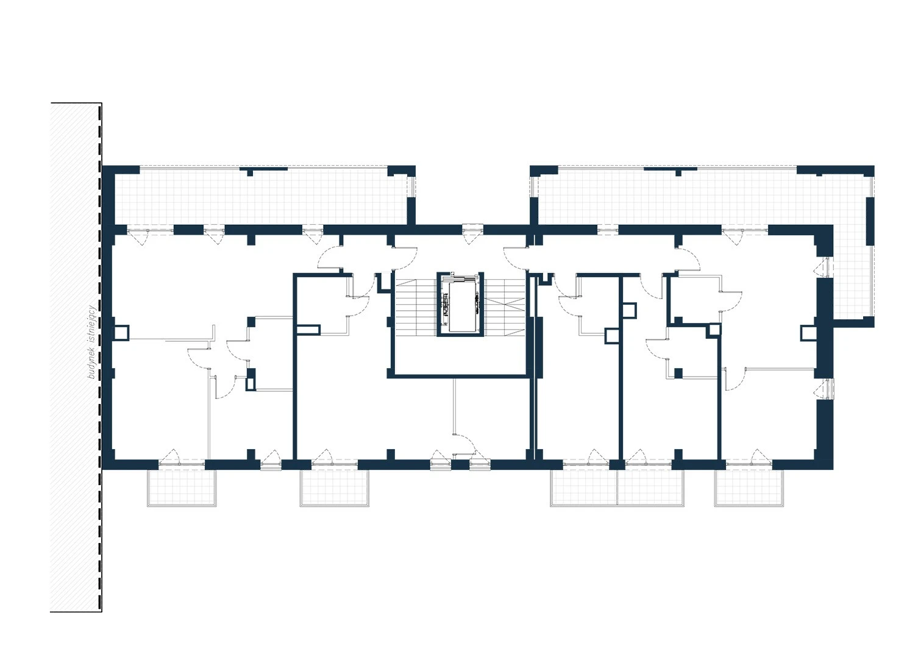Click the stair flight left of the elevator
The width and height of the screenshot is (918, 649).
tap(416, 307)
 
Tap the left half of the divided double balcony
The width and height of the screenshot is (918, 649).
tap(583, 487)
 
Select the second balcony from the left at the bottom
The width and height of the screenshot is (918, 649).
tap(335, 487)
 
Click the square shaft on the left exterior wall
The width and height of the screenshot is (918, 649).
tap(121, 333)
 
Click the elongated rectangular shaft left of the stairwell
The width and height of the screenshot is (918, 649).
tap(308, 330)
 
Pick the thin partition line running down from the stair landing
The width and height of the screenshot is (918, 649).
tap(454, 406)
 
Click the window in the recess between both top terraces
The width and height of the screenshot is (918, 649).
tap(472, 230)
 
